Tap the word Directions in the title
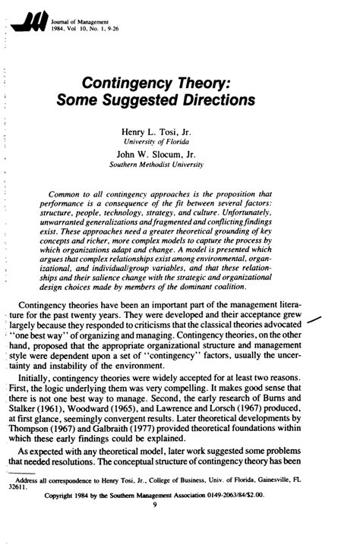click(211, 101)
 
